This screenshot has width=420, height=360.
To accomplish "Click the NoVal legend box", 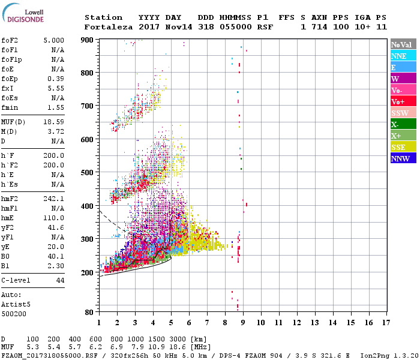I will pos(402,44).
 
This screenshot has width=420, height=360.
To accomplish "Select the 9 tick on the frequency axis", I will pos(242,323).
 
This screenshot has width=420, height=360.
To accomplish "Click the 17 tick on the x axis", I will pos(385,323).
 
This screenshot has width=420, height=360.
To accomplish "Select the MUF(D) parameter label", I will pos(14,122).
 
